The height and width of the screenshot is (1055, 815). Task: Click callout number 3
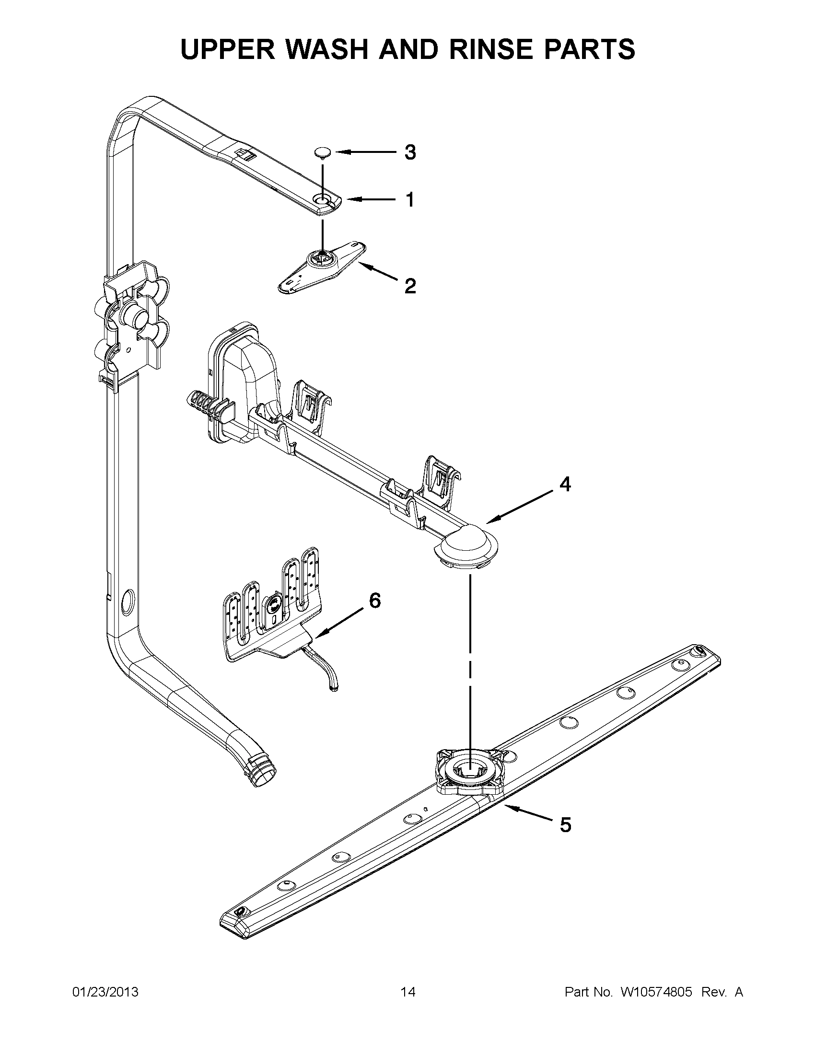coord(409,152)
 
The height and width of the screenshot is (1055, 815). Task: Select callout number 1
coord(409,199)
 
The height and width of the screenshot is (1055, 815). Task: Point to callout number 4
coord(565,484)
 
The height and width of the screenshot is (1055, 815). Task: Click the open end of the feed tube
coord(263,777)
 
